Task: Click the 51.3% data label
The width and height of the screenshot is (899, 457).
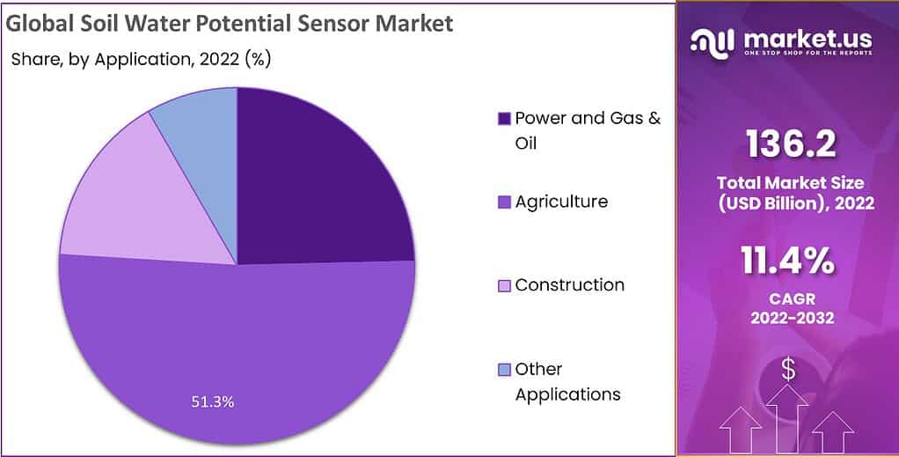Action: point(213,402)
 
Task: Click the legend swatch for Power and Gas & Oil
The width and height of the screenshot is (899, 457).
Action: point(504,118)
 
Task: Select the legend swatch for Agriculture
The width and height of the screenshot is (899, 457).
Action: point(504,203)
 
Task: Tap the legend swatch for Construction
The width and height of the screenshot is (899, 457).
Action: point(504,285)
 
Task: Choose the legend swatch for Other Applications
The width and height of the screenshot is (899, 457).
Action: point(504,369)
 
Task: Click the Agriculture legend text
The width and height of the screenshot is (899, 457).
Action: point(561,202)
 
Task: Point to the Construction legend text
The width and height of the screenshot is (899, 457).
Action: point(570,284)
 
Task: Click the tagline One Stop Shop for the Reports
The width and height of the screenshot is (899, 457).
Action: point(808,54)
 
